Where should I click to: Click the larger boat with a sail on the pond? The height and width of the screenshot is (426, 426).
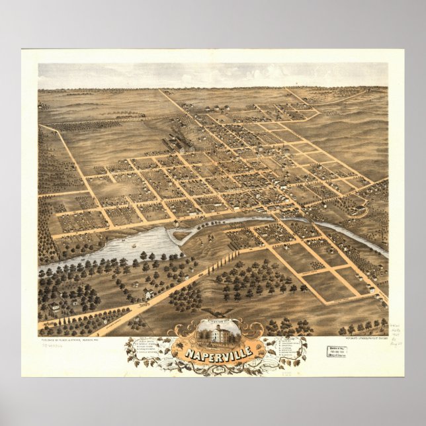pyautogui.click(x=136, y=244)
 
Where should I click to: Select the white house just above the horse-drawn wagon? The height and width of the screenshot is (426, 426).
pyautogui.click(x=149, y=294)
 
